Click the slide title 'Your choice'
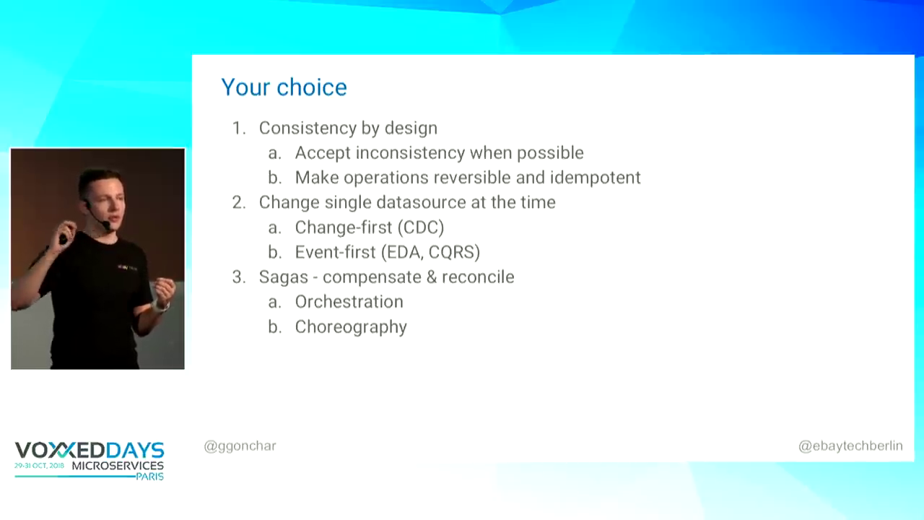(284, 88)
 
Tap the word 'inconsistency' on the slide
(410, 152)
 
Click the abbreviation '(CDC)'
(421, 227)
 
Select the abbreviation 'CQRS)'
(454, 252)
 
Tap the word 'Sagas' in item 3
(284, 277)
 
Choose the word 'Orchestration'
(349, 302)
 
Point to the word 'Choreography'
(351, 327)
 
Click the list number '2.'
(239, 202)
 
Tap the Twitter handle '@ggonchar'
(240, 446)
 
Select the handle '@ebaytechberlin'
(850, 446)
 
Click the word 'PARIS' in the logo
(150, 476)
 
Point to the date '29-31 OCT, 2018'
(39, 466)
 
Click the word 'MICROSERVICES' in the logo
(118, 466)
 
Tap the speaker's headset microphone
(106, 225)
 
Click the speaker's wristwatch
(162, 305)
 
